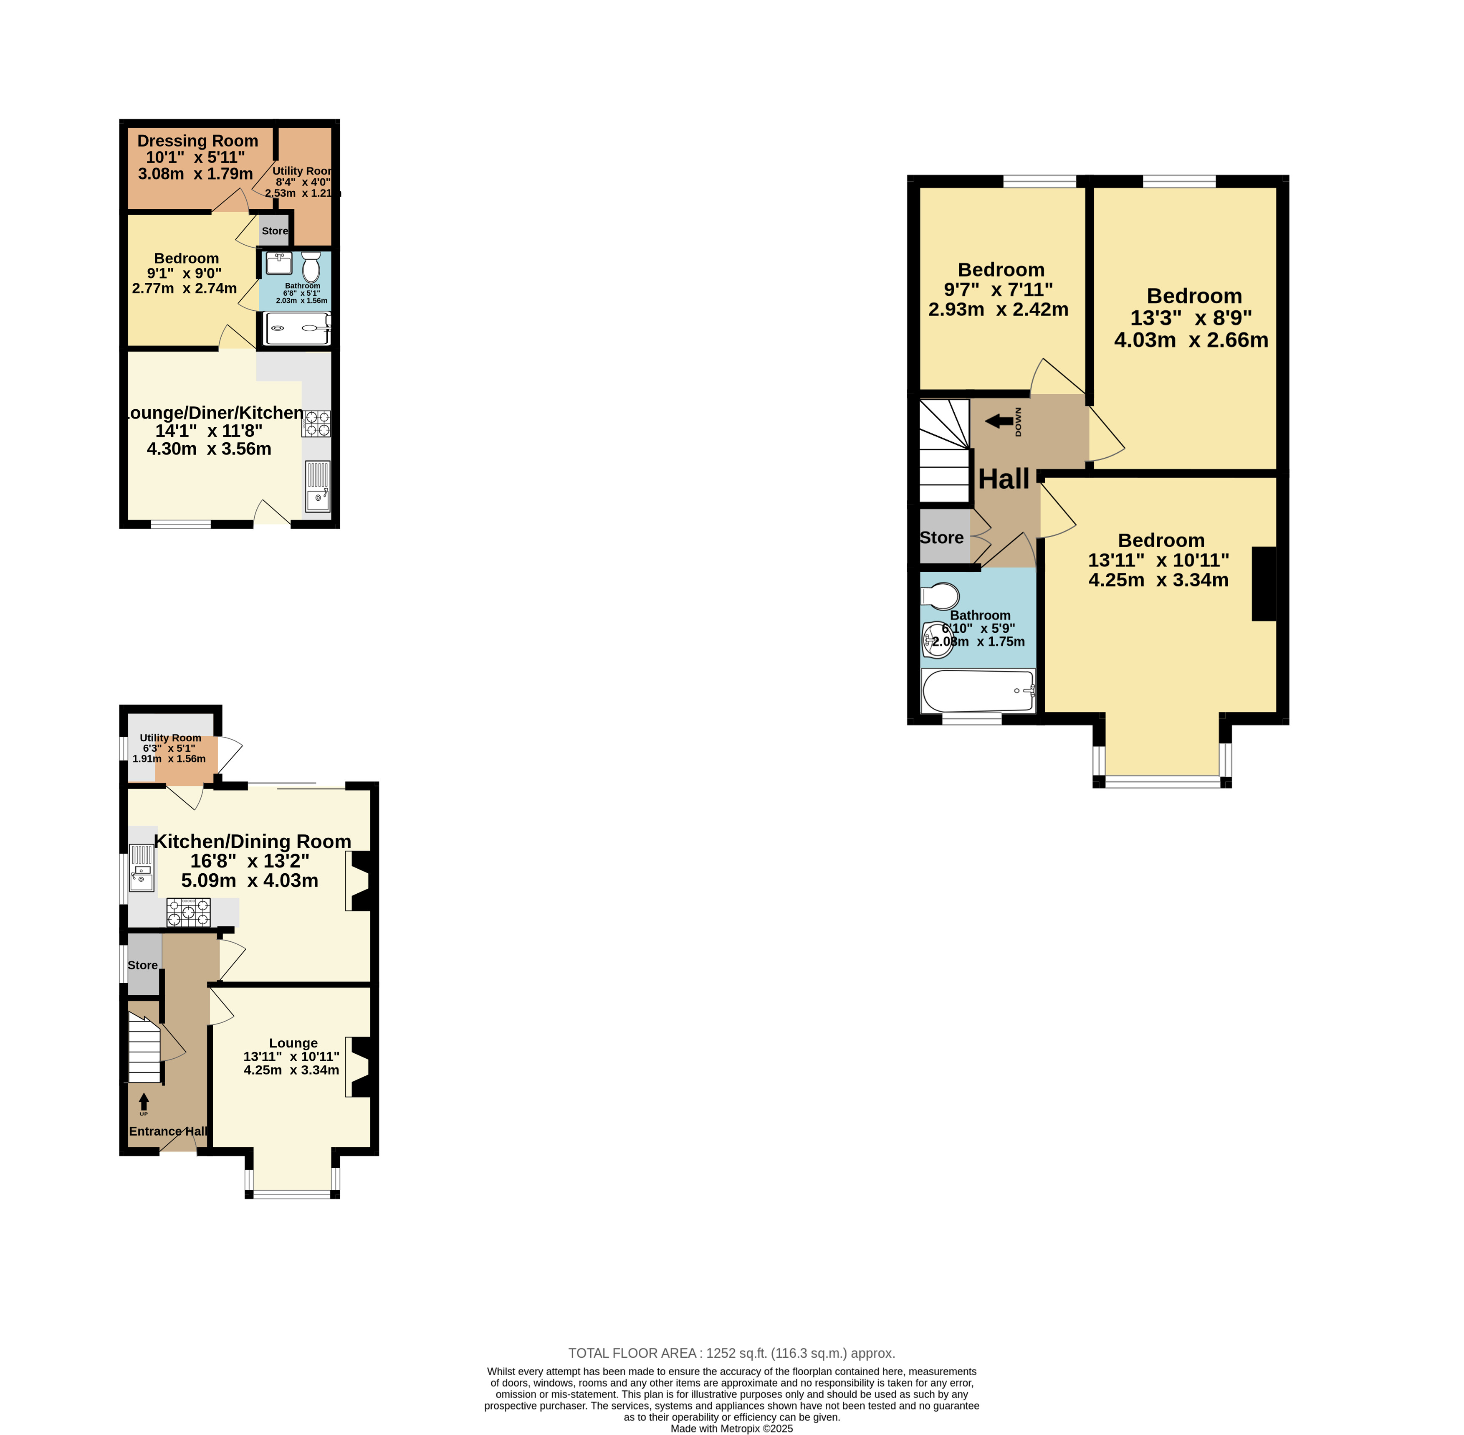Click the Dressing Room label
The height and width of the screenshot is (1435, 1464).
[x=197, y=141]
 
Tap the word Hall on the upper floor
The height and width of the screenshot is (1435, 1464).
[x=1004, y=479]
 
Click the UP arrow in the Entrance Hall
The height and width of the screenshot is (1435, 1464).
[x=144, y=1101]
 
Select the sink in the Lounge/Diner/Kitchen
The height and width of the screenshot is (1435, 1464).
[x=318, y=487]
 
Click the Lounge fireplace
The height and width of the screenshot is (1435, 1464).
[x=359, y=1067]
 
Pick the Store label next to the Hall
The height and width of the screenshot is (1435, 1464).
[x=942, y=537]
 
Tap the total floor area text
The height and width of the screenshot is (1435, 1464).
[x=732, y=1353]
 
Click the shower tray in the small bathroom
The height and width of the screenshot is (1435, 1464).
[x=298, y=329]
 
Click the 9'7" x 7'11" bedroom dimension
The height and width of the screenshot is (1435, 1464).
[x=999, y=289]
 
